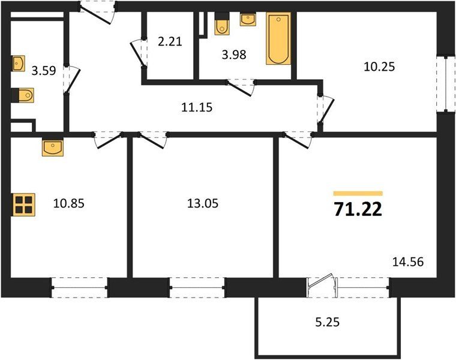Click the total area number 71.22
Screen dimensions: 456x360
358,209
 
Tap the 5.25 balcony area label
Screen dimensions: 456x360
328,322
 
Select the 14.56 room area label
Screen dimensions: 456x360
408,262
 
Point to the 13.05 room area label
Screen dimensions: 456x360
203,203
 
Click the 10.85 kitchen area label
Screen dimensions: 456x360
69,203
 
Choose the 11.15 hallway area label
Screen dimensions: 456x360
197,107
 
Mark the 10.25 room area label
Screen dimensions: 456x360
380,67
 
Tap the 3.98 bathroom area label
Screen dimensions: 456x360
234,55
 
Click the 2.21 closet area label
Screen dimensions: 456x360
170,41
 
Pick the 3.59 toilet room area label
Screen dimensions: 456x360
44,71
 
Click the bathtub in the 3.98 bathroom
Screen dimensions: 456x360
278,38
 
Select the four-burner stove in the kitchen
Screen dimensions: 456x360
23,205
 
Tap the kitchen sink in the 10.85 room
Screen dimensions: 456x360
53,147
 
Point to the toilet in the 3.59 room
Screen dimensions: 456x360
23,95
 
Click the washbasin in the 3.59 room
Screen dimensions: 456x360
18,64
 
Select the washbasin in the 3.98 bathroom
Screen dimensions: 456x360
248,19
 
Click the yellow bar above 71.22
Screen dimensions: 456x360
358,194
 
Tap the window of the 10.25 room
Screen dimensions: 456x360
446,85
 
